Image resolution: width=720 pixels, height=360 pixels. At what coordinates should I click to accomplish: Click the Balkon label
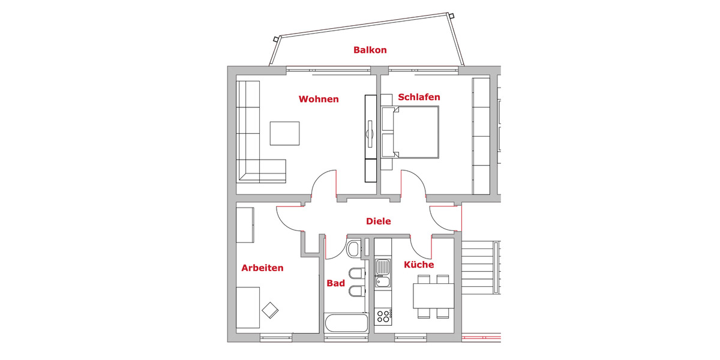point(370,50)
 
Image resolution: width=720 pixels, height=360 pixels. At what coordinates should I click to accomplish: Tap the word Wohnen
point(319,99)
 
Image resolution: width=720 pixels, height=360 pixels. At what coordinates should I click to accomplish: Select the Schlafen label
point(419,97)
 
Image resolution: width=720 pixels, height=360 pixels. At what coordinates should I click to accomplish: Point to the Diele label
point(379,221)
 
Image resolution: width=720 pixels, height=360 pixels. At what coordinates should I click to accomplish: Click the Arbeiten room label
point(262,268)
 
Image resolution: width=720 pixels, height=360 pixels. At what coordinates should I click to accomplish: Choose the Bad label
point(335,283)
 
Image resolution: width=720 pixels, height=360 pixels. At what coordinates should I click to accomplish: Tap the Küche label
point(419,265)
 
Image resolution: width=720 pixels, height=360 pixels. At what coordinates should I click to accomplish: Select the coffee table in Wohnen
point(284,133)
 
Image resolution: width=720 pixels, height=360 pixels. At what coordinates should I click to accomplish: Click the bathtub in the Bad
point(346,323)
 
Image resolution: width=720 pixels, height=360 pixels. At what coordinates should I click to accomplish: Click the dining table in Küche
point(433,295)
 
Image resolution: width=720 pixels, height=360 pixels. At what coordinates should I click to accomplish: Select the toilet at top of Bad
point(353,248)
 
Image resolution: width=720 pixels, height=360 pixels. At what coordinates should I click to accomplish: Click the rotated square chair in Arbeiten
point(270,310)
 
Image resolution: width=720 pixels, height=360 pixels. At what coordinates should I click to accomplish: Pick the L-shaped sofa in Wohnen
point(255,139)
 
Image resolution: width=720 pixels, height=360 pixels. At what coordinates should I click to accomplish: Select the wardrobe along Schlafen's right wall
point(481,136)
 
